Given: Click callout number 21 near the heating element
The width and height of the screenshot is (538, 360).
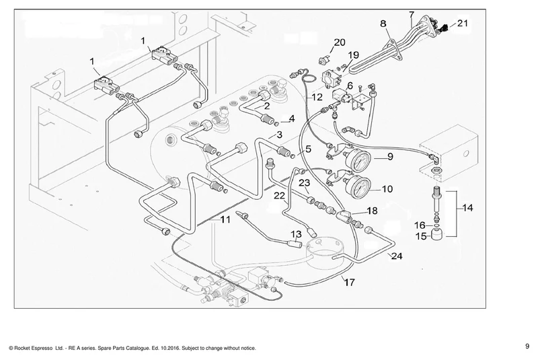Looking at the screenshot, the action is click(x=463, y=23).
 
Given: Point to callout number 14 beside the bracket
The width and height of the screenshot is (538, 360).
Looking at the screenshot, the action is click(x=467, y=208).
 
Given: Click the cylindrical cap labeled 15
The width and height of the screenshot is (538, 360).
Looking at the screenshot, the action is click(x=436, y=235).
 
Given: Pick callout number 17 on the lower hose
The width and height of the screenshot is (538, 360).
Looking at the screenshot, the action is click(x=349, y=282).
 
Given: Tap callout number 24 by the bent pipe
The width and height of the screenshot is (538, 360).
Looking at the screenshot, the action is click(x=397, y=256).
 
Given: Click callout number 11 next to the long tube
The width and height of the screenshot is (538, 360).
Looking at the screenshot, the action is click(x=225, y=219).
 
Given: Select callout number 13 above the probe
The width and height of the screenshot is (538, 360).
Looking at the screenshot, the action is click(x=296, y=234).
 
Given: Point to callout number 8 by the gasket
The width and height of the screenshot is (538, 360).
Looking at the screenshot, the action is click(x=383, y=24).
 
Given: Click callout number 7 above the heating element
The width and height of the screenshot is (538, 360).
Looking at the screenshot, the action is click(x=412, y=15).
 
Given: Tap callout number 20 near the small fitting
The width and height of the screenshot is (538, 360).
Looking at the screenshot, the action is click(x=340, y=42).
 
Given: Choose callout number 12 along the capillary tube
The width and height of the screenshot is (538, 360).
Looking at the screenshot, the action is click(x=317, y=97).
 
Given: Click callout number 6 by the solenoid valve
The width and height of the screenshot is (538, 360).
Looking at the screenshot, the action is click(x=350, y=85).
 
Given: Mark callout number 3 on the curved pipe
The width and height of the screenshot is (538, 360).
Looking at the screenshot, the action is click(x=279, y=135).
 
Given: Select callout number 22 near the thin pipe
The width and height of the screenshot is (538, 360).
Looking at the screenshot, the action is click(x=279, y=196).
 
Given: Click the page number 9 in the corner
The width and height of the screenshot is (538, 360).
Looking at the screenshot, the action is click(x=527, y=347).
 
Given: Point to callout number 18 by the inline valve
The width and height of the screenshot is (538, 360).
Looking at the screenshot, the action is click(x=373, y=211).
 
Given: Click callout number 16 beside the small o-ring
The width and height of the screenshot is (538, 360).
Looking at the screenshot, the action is click(x=420, y=225).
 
